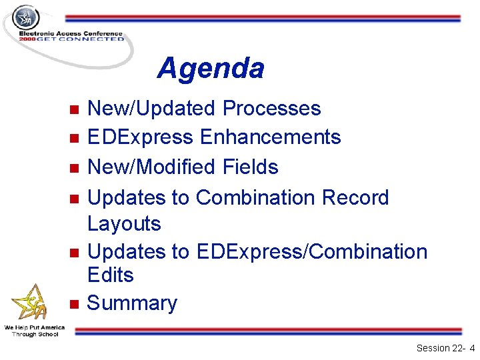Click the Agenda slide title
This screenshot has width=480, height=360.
point(211,68)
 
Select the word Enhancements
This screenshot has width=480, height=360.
point(270,137)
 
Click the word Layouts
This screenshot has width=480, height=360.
point(124,223)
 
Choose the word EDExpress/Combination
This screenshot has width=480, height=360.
point(311,252)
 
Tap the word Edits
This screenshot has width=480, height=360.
point(111,275)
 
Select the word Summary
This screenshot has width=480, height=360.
point(132,303)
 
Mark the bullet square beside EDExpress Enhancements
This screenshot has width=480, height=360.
point(75,138)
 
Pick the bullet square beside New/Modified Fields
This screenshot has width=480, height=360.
point(75,167)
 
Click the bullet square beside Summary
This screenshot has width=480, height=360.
point(75,304)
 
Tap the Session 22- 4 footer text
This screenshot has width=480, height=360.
point(445,348)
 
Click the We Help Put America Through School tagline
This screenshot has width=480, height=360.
point(34,331)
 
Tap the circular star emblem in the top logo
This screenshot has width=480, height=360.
point(27,17)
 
